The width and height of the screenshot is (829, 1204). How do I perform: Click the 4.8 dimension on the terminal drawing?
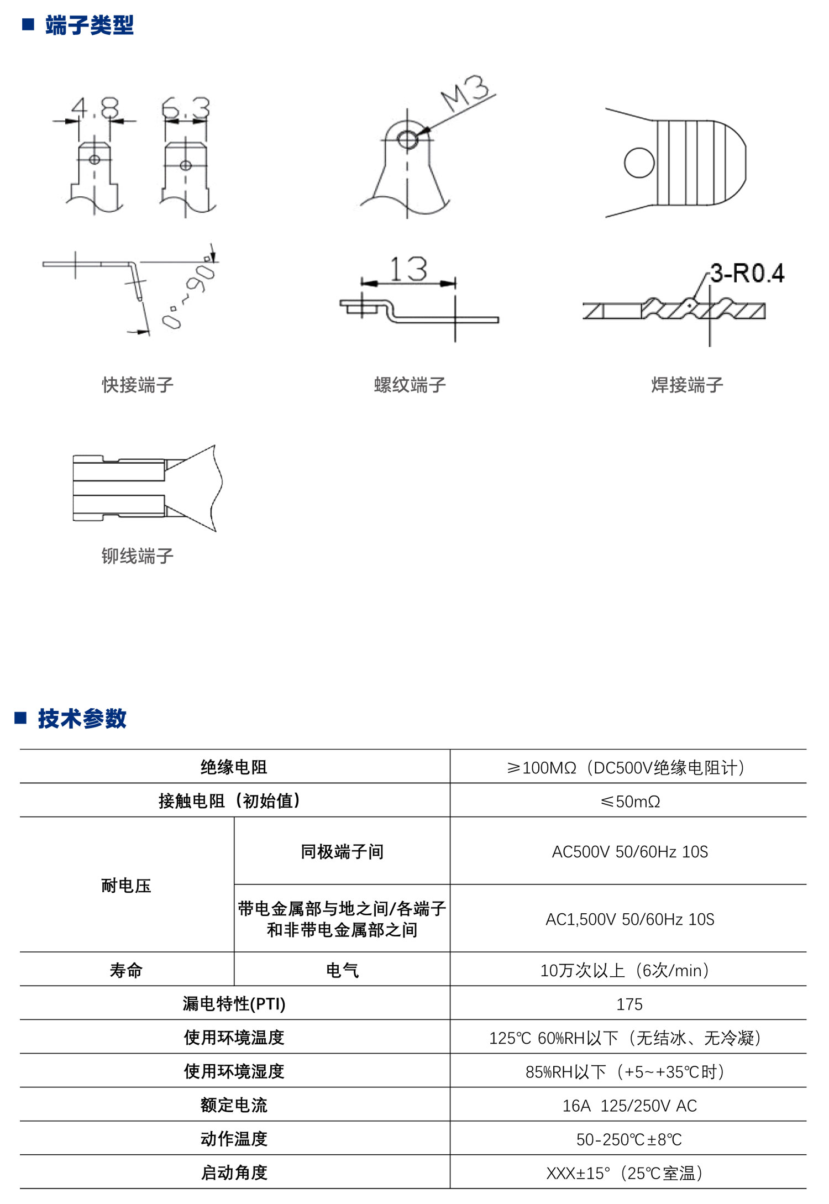click(95, 108)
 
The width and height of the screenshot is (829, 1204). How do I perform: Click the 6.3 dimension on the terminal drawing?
click(186, 108)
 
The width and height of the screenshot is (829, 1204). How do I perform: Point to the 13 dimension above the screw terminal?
click(408, 270)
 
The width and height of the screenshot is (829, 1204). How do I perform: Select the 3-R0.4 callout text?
click(747, 274)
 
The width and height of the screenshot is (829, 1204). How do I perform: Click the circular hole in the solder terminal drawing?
click(639, 163)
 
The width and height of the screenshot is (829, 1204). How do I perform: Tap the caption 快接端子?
click(138, 385)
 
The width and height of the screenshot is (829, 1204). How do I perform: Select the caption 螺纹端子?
click(410, 385)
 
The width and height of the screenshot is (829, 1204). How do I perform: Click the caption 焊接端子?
click(687, 385)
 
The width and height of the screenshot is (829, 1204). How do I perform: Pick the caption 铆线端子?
click(138, 556)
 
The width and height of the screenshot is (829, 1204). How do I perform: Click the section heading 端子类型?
click(89, 25)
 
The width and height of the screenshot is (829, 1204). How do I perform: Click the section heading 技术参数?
click(82, 719)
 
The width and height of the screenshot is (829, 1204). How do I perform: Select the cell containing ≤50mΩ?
click(629, 801)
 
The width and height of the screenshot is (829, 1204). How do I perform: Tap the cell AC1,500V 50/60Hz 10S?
click(629, 919)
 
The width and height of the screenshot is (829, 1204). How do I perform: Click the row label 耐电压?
click(126, 886)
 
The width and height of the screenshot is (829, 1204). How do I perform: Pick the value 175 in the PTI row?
click(629, 1004)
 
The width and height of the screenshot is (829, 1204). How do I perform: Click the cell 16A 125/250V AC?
click(629, 1106)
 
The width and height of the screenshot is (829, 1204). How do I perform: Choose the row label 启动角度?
click(234, 1172)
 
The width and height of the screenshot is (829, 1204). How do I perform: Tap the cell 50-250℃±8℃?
click(629, 1139)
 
